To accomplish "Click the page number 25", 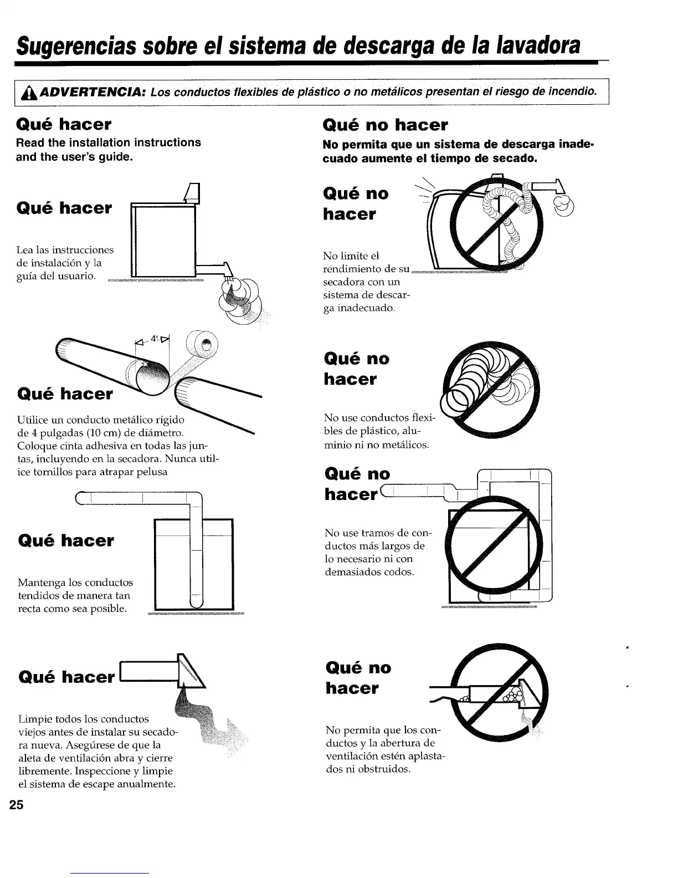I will coord(16,805).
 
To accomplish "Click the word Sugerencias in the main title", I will coord(74,44).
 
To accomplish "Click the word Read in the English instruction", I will coord(30,142).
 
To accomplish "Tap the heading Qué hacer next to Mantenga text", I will coord(66,540).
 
